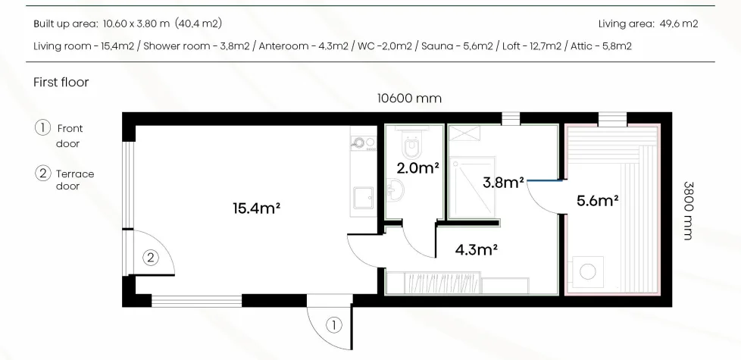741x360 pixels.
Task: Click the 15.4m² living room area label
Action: point(257,208)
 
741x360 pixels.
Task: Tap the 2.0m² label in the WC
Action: point(417,167)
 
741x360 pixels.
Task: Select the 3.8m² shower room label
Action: point(503,183)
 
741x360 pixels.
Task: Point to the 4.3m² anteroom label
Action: point(476,249)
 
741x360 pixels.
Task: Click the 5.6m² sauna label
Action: point(598,201)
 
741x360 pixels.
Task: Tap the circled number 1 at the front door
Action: point(333,325)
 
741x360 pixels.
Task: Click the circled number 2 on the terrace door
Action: point(150,258)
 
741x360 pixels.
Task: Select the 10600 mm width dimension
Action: point(409,99)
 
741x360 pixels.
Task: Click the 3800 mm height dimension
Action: point(689,211)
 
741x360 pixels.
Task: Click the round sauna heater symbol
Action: point(588,271)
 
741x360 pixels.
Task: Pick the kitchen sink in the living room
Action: point(364,197)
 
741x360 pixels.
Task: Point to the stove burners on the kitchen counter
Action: point(364,142)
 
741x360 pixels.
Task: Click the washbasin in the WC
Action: point(395,190)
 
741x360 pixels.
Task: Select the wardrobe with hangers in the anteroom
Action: point(433,283)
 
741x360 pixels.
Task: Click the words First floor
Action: point(61,82)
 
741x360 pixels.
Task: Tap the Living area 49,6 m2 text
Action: point(648,23)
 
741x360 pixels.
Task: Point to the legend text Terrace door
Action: point(75,180)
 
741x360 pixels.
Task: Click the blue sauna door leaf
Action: point(545,180)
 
